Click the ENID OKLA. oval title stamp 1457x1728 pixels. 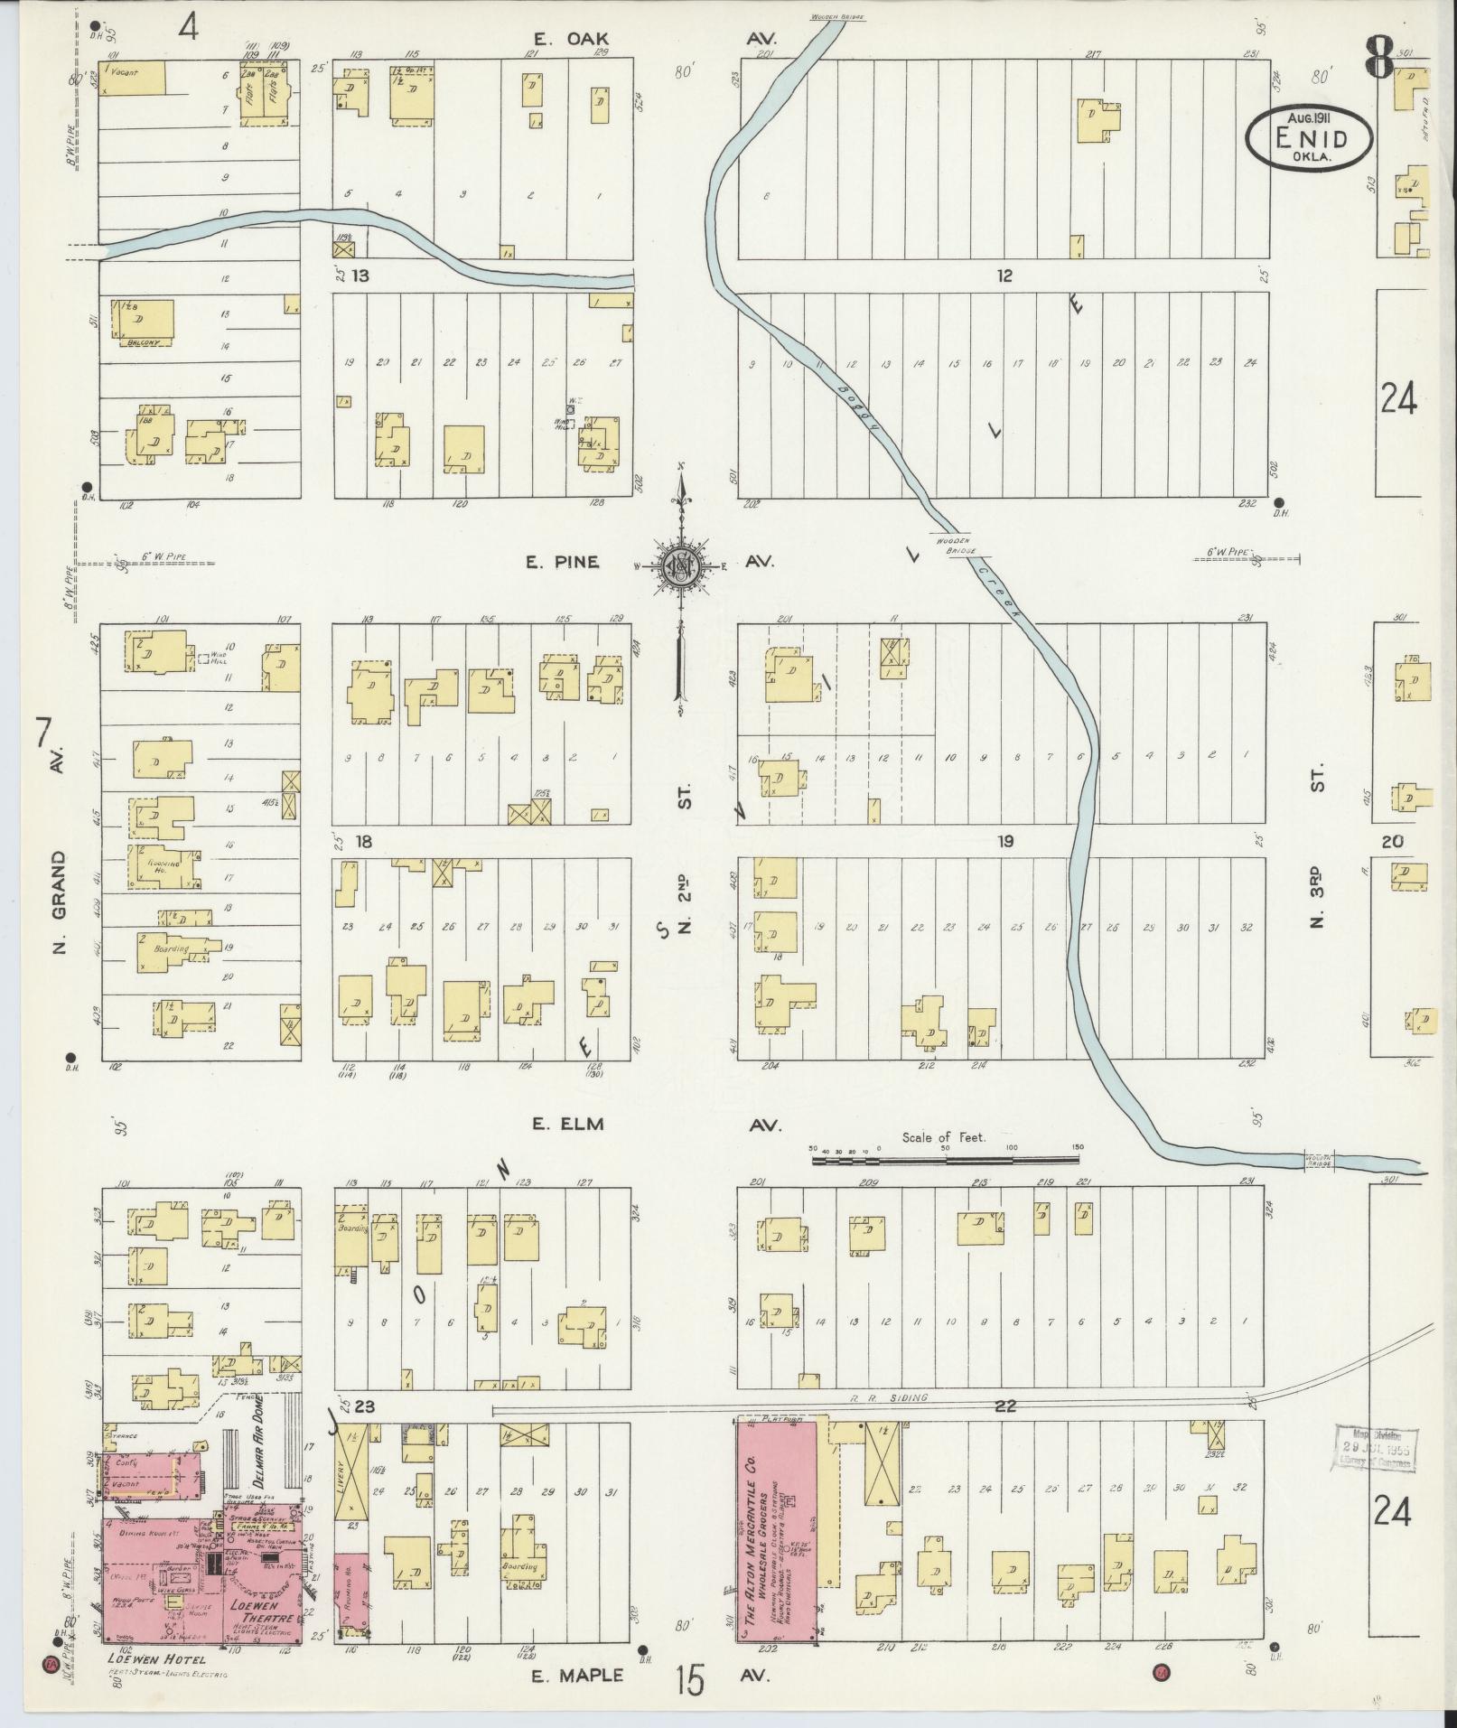[x=1309, y=137]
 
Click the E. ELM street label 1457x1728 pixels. [x=567, y=1125]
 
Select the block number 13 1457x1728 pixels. [x=361, y=276]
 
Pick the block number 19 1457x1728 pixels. [x=1005, y=841]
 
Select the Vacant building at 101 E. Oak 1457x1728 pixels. [x=132, y=76]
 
